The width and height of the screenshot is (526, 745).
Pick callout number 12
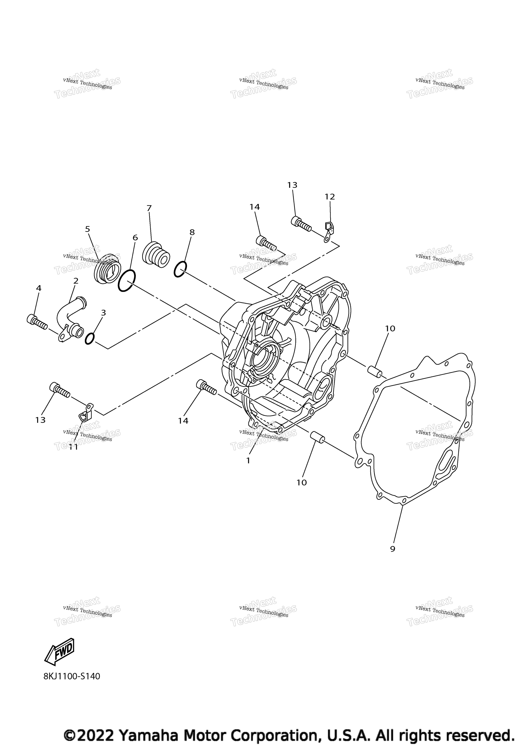click(330, 197)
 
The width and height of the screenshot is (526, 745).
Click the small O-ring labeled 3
click(90, 339)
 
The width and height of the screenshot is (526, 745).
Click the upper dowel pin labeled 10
click(375, 371)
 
